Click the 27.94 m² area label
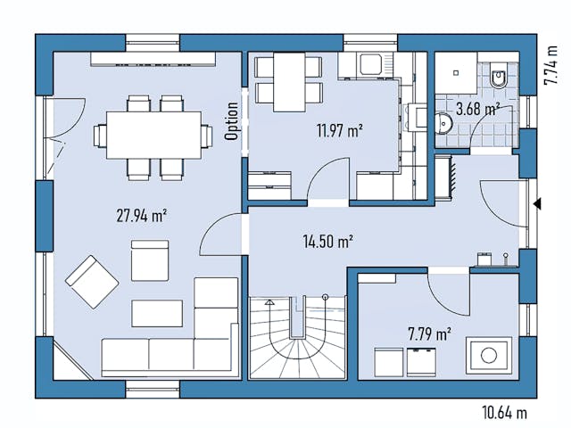click(142, 214)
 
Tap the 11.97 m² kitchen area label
click(338, 130)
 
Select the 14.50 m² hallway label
click(327, 240)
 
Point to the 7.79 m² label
click(428, 334)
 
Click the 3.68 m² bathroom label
click(476, 110)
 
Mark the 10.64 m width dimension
click(503, 412)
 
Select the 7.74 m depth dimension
click(550, 60)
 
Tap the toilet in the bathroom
click(499, 78)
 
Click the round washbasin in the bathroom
click(443, 124)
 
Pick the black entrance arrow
click(537, 204)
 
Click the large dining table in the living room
click(153, 135)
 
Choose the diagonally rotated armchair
click(91, 281)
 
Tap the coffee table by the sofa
click(157, 312)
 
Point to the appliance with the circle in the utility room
click(488, 355)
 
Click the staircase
click(296, 339)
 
